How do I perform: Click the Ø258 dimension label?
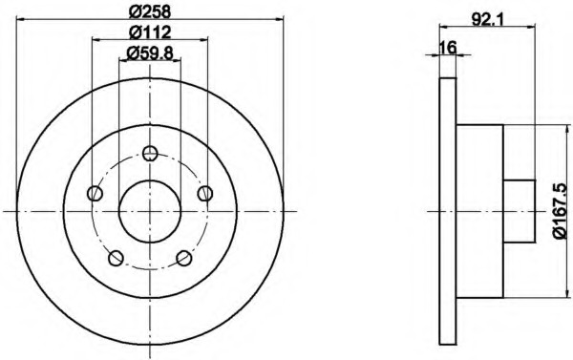pyautogui.click(x=150, y=11)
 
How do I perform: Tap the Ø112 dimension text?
pyautogui.click(x=150, y=32)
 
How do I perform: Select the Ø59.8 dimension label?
pyautogui.click(x=150, y=53)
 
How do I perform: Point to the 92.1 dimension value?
pyautogui.click(x=487, y=19)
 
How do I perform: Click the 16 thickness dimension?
pyautogui.click(x=448, y=48)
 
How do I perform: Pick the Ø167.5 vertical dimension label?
pyautogui.click(x=561, y=211)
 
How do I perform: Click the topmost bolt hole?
pyautogui.click(x=150, y=153)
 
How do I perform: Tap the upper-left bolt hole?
pyautogui.click(x=95, y=193)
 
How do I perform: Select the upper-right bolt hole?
pyautogui.click(x=205, y=193)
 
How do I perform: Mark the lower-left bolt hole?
pyautogui.click(x=117, y=258)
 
